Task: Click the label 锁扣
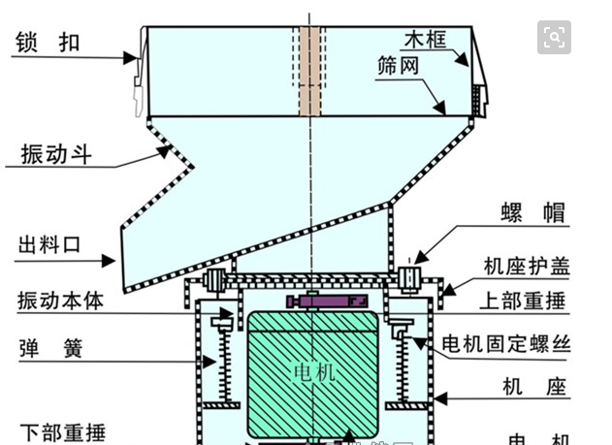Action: click(47, 42)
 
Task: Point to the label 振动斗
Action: click(56, 153)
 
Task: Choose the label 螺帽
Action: click(532, 214)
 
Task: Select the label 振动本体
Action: click(60, 301)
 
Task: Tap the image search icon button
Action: click(555, 38)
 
